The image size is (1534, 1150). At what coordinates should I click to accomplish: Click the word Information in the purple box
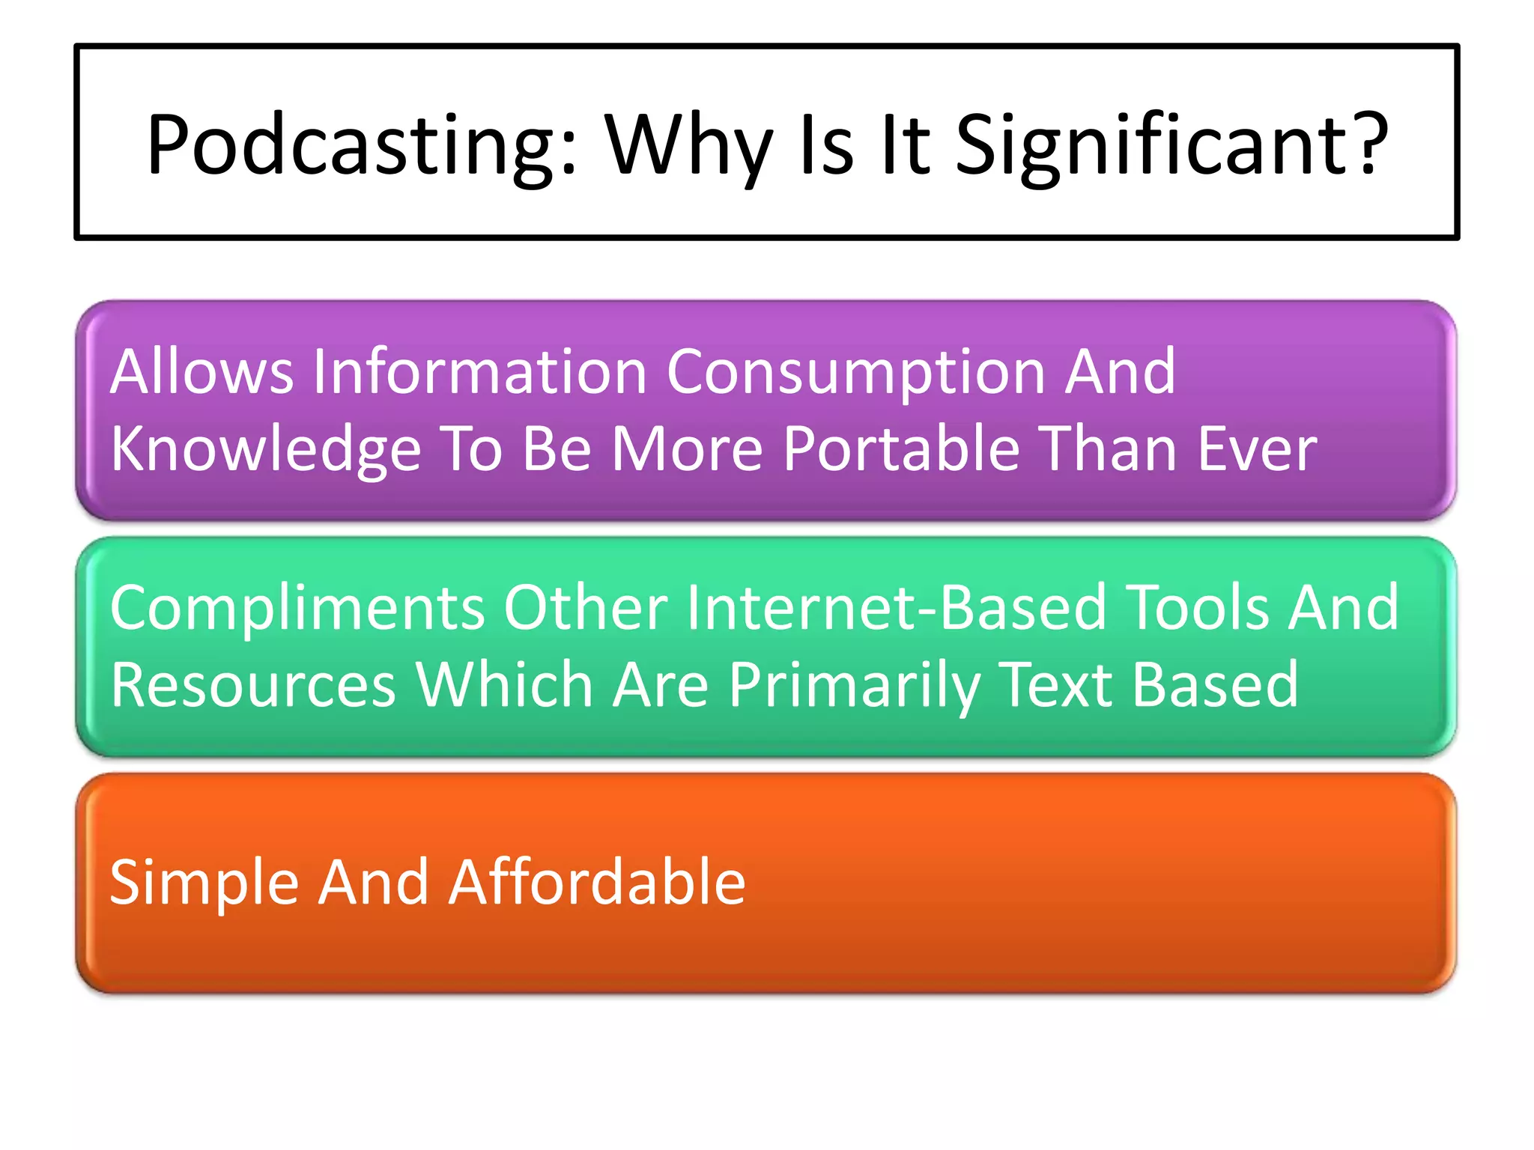pyautogui.click(x=479, y=371)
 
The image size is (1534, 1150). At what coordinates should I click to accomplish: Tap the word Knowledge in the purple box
pyautogui.click(x=266, y=449)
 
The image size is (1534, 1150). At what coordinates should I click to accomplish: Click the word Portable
pyautogui.click(x=902, y=449)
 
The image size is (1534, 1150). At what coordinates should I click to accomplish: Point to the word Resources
pyautogui.click(x=253, y=684)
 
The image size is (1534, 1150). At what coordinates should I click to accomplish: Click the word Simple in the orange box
pyautogui.click(x=204, y=883)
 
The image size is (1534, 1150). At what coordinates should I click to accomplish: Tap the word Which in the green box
pyautogui.click(x=505, y=684)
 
